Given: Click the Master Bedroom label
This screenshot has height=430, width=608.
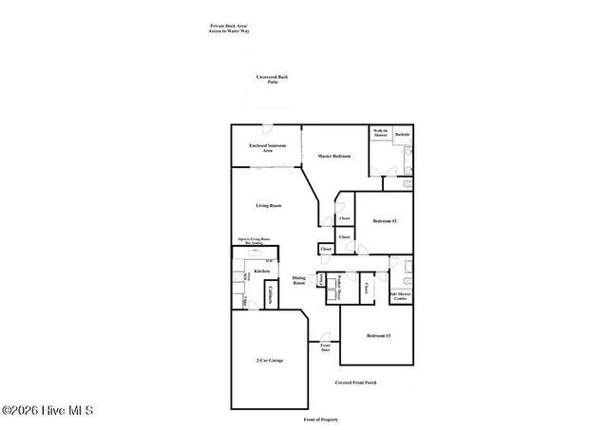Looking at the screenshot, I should (x=334, y=156).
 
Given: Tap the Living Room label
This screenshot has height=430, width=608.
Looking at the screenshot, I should (x=269, y=206).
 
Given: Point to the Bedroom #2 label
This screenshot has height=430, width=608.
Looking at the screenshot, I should (x=385, y=221).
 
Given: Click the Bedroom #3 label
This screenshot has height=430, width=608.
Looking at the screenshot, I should (x=378, y=337).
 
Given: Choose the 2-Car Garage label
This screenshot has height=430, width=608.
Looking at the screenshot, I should (x=270, y=361).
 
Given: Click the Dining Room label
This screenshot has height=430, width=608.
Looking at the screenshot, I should (x=298, y=280).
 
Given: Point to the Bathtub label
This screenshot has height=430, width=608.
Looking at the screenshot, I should (x=402, y=136).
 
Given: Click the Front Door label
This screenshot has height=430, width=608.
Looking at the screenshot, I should (x=325, y=347).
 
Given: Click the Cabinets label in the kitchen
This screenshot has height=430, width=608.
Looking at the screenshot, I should (x=271, y=295).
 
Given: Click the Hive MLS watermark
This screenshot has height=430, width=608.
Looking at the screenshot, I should (x=47, y=411).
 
